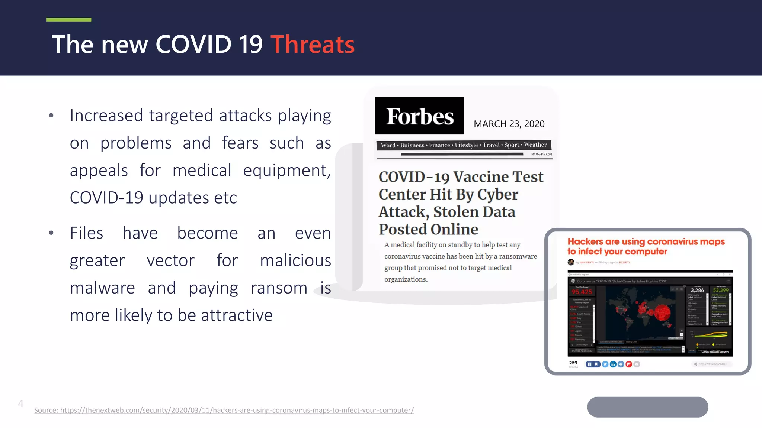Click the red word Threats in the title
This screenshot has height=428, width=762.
312,45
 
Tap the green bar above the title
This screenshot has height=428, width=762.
68,20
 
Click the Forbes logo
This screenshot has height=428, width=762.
419,116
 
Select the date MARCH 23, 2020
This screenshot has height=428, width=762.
509,124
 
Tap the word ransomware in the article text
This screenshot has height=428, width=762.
518,256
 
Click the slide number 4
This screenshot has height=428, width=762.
21,403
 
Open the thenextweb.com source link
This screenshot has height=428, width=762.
224,410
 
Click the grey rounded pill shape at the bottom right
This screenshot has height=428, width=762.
647,407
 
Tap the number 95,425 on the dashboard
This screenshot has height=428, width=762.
582,292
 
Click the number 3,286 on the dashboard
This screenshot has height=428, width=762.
697,290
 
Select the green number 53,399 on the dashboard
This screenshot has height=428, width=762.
720,290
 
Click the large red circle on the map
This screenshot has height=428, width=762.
662,312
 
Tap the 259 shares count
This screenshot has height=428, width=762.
573,363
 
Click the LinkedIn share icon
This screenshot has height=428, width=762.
613,364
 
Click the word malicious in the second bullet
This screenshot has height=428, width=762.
295,260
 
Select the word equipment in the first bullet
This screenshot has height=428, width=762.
286,171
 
